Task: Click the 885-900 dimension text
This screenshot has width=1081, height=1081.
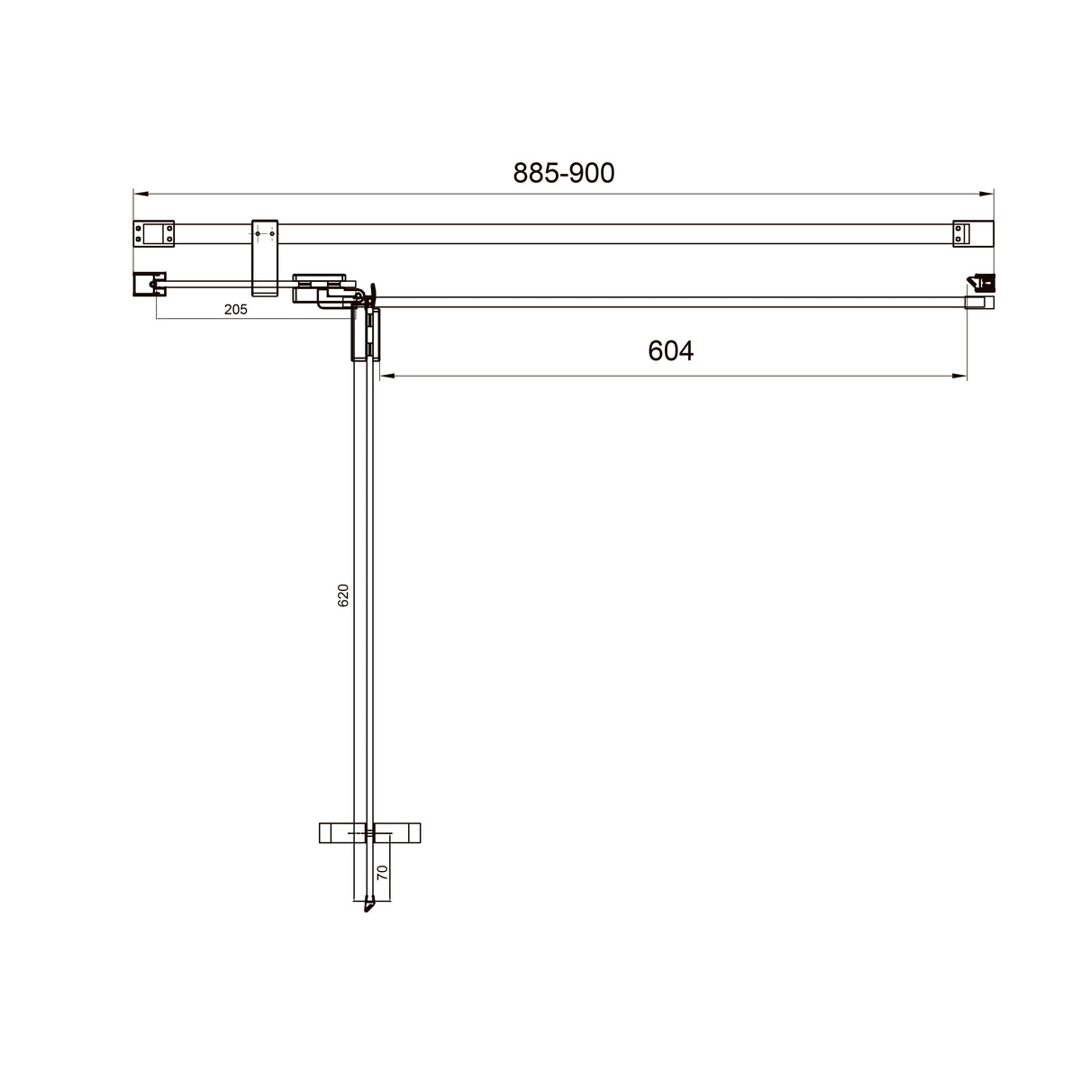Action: (563, 173)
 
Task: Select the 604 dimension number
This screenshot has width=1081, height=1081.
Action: (670, 351)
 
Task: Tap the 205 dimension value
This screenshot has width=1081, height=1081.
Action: (236, 309)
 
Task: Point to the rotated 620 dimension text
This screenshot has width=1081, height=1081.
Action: (343, 595)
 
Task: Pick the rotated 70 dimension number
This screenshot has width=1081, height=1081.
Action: (382, 872)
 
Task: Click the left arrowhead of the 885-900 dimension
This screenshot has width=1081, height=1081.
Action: (141, 194)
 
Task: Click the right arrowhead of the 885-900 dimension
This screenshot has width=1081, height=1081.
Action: (986, 194)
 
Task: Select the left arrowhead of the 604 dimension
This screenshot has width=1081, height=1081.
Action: (387, 376)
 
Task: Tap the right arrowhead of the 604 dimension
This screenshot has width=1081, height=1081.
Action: (959, 376)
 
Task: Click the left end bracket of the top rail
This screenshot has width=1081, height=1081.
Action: (154, 233)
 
